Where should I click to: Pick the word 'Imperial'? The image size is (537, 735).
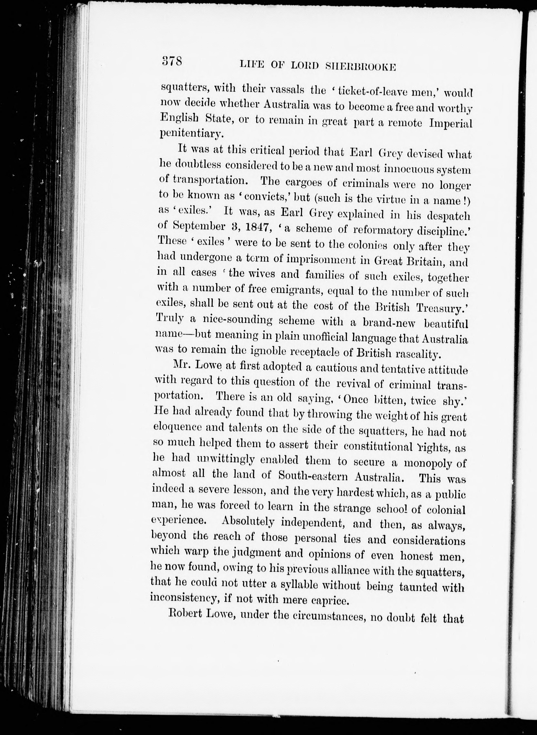pyautogui.click(x=450, y=124)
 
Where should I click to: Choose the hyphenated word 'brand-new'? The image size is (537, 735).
pyautogui.click(x=390, y=323)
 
